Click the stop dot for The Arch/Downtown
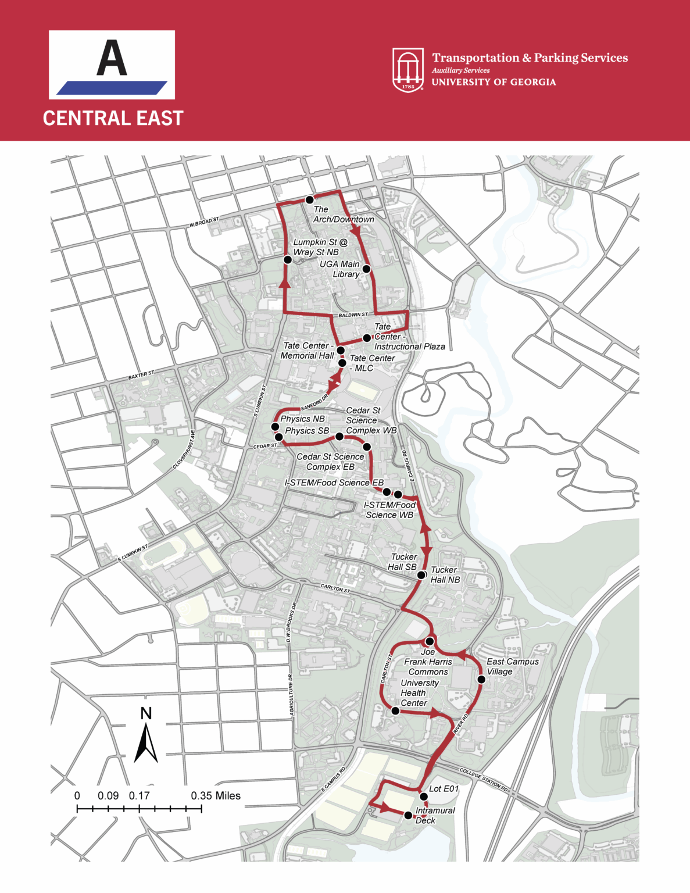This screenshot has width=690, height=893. click(310, 200)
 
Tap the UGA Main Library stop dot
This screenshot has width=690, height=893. click(366, 269)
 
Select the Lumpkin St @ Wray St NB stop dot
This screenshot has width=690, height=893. click(287, 260)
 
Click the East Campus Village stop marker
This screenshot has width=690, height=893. click(481, 679)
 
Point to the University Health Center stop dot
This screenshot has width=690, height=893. click(395, 710)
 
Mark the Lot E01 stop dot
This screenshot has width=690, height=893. click(424, 796)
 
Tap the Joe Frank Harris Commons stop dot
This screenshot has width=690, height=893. click(430, 641)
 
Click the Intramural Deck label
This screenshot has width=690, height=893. click(435, 815)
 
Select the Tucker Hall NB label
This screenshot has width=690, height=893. click(445, 574)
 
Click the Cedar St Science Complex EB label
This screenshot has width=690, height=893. click(330, 462)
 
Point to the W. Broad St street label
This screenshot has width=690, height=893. click(204, 222)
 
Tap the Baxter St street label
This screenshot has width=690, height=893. click(141, 376)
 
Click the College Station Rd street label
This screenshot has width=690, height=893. click(484, 780)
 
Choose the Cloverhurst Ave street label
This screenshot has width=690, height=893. click(185, 450)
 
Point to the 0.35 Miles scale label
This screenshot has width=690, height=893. click(216, 795)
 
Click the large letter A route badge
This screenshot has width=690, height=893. click(112, 65)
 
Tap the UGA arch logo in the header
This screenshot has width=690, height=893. click(408, 70)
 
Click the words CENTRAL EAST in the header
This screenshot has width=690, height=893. click(113, 118)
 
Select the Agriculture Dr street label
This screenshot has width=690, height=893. click(291, 695)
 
